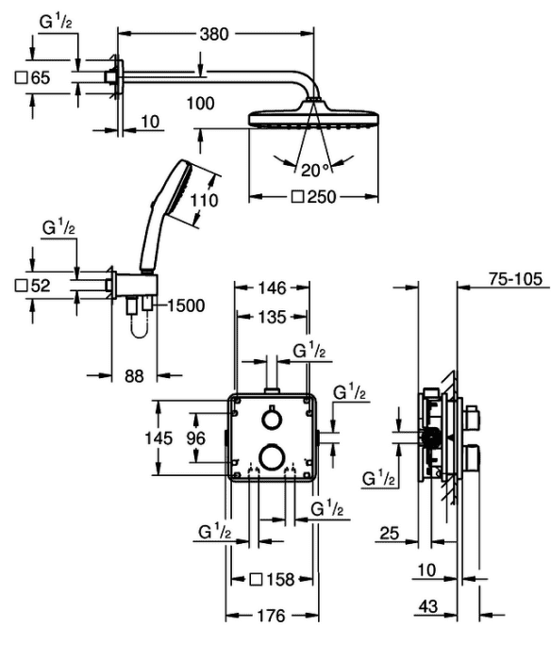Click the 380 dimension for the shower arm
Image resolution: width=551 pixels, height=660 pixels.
214,34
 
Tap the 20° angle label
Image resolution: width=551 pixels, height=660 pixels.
314,170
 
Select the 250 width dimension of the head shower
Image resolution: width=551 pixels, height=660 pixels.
314,196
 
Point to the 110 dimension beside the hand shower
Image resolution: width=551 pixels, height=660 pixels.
204,200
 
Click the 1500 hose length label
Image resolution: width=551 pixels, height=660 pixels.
186,306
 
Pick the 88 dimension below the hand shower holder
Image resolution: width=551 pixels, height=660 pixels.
134,376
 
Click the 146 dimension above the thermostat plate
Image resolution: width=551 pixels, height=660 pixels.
272,289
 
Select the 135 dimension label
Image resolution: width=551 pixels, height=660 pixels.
272,317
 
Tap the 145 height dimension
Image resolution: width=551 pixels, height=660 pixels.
159,438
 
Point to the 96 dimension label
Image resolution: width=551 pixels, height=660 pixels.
196,438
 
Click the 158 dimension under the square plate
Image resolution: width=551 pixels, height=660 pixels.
272,580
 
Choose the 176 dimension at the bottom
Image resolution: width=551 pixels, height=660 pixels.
272,616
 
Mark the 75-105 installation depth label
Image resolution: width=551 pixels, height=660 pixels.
515,279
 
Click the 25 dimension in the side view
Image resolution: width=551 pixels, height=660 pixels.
390,534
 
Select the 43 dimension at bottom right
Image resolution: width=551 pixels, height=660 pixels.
428,606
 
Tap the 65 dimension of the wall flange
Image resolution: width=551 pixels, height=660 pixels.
33,78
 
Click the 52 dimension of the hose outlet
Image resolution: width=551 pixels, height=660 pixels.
33,286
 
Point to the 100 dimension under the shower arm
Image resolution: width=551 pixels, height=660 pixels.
201,104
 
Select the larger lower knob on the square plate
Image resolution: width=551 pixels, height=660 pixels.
272,455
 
